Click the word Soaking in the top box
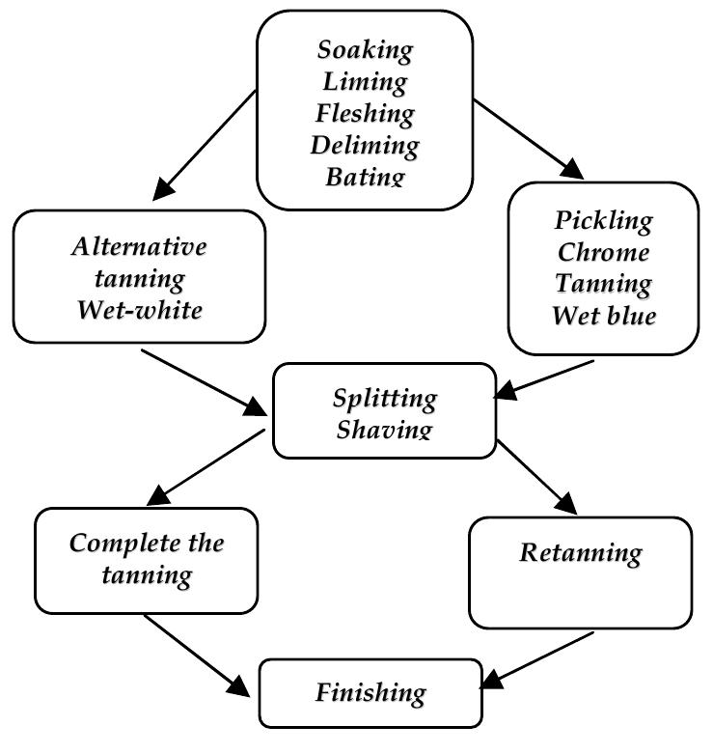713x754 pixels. pos(365,50)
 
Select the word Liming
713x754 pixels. pos(365,82)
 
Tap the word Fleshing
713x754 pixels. pos(365,114)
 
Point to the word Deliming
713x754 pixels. pos(365,146)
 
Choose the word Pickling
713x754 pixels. pos(603,220)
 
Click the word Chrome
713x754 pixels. pos(603,252)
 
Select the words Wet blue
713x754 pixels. pos(603,316)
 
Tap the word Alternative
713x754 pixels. pos(139,246)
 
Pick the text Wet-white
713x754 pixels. pos(139,310)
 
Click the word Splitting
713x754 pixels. pos(384,398)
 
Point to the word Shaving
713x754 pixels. pos(384,428)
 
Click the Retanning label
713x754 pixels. pos(580,553)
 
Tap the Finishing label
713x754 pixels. pos(370,692)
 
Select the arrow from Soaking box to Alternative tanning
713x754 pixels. pos(205,144)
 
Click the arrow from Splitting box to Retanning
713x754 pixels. pos(536,478)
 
